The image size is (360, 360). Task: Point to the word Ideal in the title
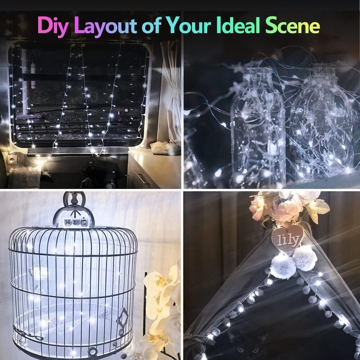(238, 25)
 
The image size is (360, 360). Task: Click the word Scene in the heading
(292, 25)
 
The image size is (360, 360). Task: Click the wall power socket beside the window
(12, 159)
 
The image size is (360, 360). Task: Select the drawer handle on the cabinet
(144, 180)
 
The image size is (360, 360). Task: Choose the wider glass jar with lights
(321, 124)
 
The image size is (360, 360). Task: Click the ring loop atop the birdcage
(74, 199)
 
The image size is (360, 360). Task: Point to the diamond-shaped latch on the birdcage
(122, 319)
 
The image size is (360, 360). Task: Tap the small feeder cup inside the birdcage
(39, 272)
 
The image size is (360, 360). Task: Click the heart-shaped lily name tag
(288, 239)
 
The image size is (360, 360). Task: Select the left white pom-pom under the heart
(283, 267)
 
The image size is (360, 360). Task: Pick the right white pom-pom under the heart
(305, 258)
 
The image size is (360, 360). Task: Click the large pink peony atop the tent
(285, 206)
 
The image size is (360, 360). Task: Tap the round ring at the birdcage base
(93, 351)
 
